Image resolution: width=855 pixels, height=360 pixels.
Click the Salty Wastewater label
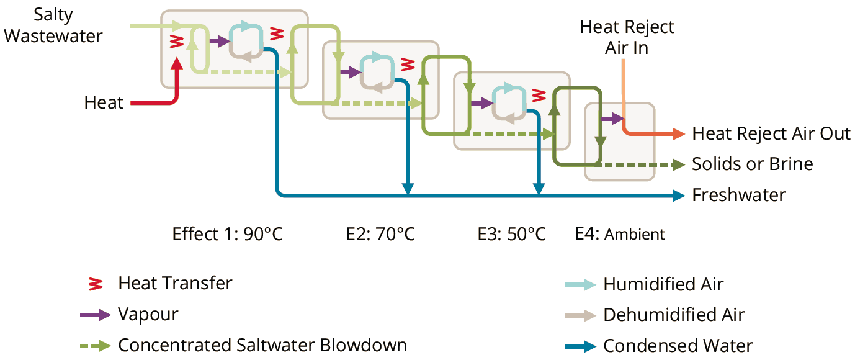pos(53,26)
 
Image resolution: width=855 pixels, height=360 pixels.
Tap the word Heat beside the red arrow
pos(104,102)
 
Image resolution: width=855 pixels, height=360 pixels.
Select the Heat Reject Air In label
pos(627,37)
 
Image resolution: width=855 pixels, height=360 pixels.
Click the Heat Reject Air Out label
pos(771,134)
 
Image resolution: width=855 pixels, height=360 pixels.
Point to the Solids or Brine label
pos(752,164)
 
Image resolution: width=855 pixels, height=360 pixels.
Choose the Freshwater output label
pos(738,195)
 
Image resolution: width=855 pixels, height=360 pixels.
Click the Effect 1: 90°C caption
pos(228,235)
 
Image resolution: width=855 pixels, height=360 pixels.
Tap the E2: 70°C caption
pos(380,235)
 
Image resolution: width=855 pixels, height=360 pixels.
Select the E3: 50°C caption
pos(511,235)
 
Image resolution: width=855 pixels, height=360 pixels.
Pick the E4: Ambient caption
pos(620,235)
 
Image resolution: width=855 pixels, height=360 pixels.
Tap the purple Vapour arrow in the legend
pos(95,315)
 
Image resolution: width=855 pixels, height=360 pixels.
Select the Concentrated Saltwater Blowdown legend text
pos(262,345)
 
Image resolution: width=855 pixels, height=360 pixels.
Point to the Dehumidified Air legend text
pos(674,315)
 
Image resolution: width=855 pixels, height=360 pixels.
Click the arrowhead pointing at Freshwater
pos(678,196)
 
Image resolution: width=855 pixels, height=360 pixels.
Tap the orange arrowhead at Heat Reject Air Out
pos(678,134)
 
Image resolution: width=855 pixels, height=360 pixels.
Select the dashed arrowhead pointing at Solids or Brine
pos(678,164)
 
